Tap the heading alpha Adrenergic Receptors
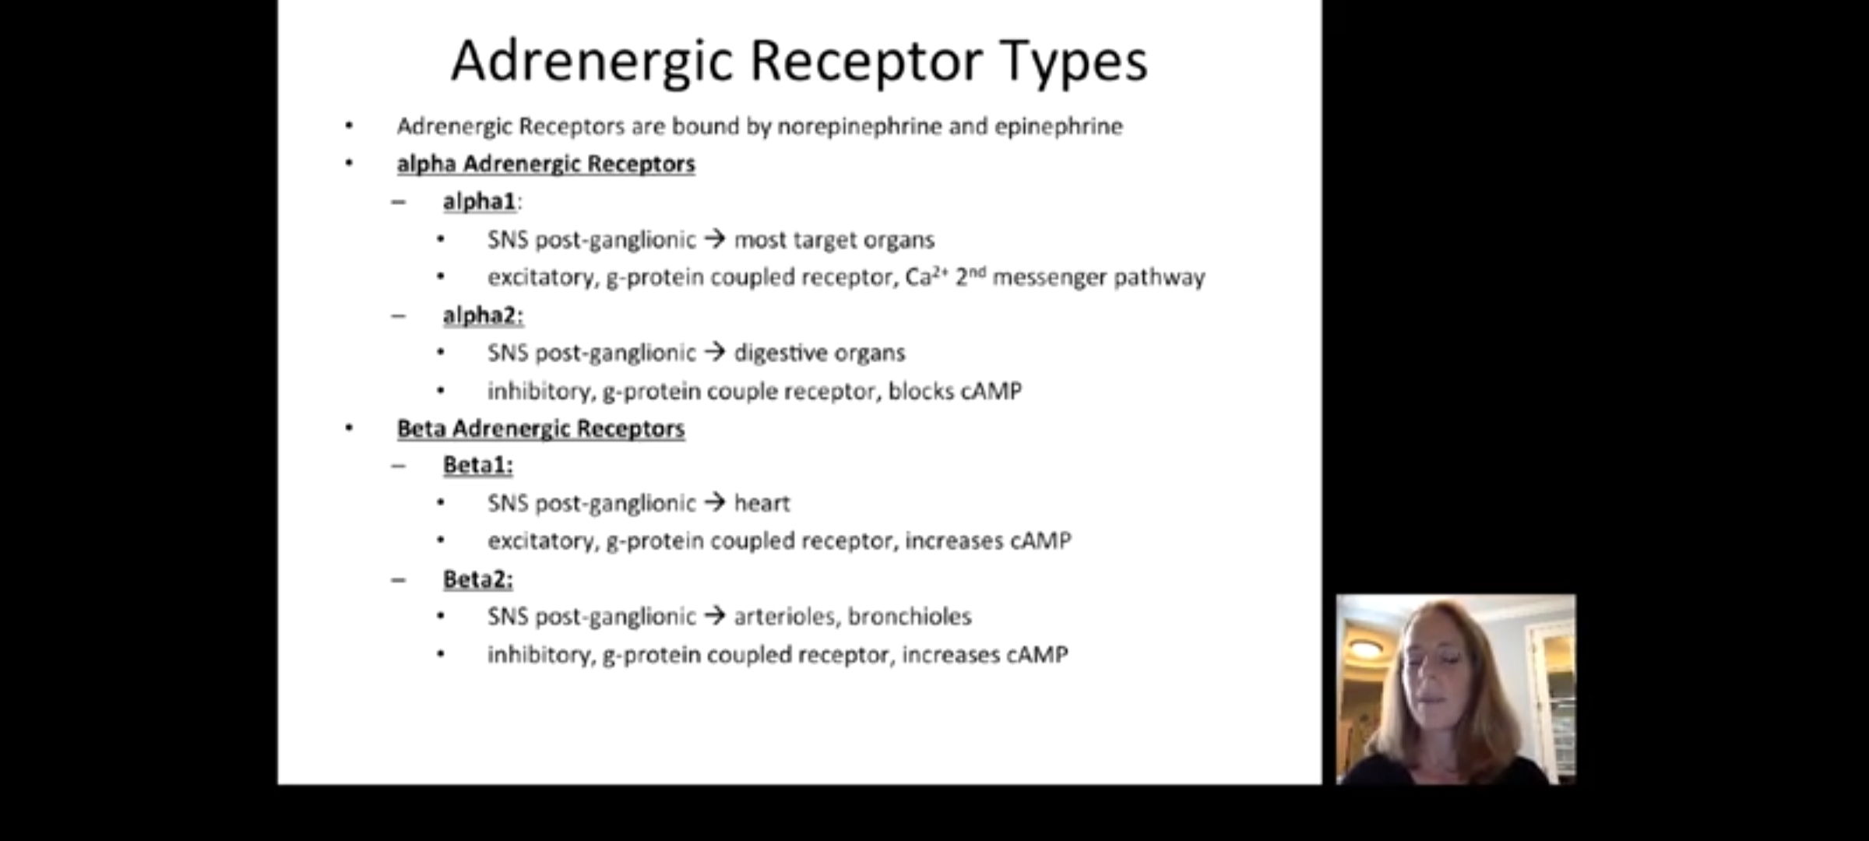pos(546,164)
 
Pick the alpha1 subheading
pos(480,202)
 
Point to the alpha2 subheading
pos(483,315)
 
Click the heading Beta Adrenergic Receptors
pos(541,428)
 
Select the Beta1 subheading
pos(478,465)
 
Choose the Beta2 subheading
pos(478,579)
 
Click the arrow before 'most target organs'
pos(715,239)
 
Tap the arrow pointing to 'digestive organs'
pos(715,353)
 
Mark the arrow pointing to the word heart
pos(715,503)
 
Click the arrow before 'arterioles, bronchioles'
pos(715,617)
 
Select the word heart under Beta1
pos(762,504)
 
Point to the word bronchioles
pos(910,617)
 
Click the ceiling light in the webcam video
pos(1367,647)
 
